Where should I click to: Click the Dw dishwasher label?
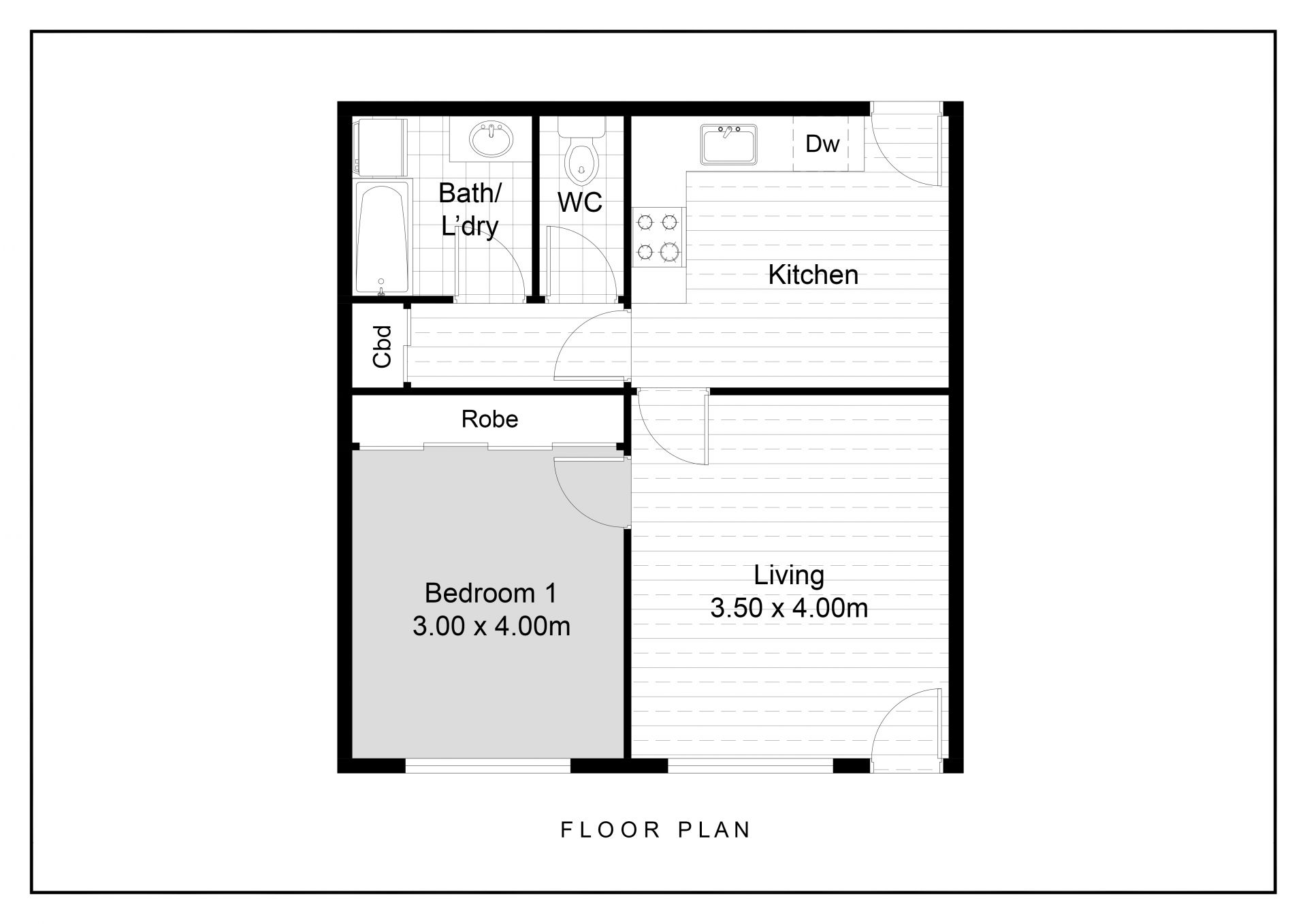pos(822,144)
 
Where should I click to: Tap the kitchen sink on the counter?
pos(729,144)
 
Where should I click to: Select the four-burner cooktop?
pos(658,237)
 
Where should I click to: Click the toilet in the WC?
pos(581,152)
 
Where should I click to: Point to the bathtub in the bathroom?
pos(383,238)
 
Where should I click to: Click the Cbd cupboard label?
pos(383,347)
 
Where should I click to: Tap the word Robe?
pos(489,419)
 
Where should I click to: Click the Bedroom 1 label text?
pos(491,593)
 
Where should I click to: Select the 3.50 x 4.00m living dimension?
pos(789,608)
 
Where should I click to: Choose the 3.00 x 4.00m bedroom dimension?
pos(491,626)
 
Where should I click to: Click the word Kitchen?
pos(813,275)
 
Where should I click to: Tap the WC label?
pos(580,202)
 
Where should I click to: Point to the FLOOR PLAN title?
pos(656,829)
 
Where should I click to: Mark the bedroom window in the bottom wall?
pos(487,766)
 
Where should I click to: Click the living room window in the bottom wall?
pos(750,766)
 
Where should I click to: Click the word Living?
pos(789,576)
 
